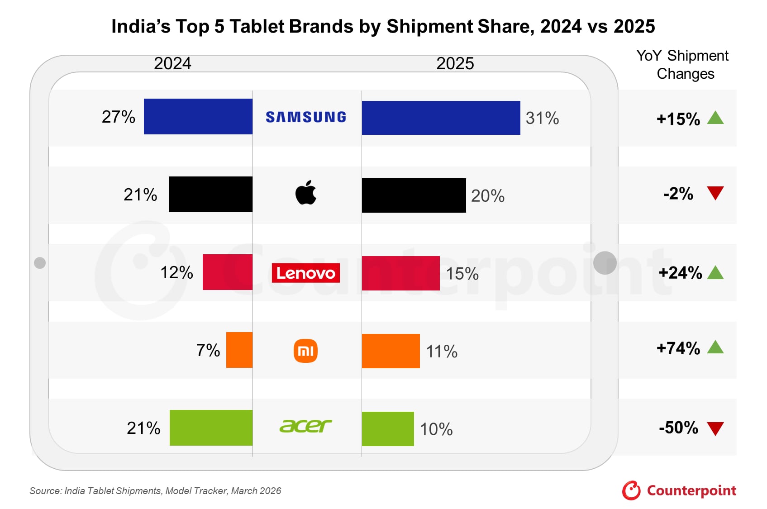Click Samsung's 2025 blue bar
click(x=441, y=118)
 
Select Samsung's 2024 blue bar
click(x=198, y=116)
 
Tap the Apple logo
click(x=306, y=193)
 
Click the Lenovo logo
click(x=305, y=273)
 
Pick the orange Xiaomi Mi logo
click(x=305, y=351)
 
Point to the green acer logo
click(x=305, y=426)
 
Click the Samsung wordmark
click(x=305, y=117)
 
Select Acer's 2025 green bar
click(x=388, y=428)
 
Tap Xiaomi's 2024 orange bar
click(x=239, y=350)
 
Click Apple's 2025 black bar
click(x=414, y=195)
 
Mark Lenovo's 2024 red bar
click(x=227, y=272)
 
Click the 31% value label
click(x=542, y=118)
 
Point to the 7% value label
click(x=208, y=350)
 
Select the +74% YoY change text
click(x=678, y=348)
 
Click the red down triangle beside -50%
click(x=715, y=428)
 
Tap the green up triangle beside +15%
click(x=715, y=118)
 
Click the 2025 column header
click(x=455, y=63)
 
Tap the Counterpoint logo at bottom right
click(x=679, y=490)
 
